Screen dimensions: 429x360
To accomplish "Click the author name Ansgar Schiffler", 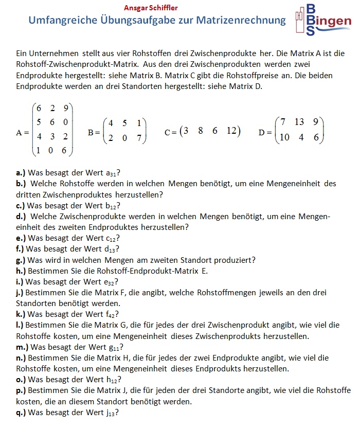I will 151,8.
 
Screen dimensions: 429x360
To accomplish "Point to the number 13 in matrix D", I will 299,122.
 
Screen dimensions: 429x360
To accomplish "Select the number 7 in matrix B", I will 139,139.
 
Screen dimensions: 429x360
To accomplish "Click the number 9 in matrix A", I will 66,108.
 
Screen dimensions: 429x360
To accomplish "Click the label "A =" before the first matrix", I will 23,132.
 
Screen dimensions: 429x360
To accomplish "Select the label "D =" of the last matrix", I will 265,132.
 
